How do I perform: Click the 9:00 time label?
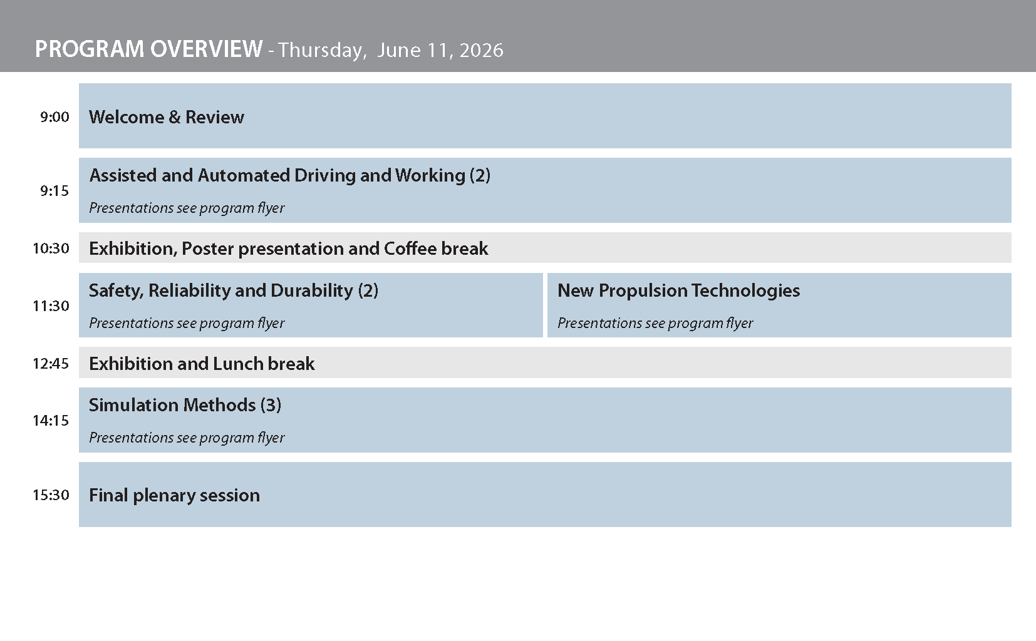click(54, 117)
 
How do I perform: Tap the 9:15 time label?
click(54, 191)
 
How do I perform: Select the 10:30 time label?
click(51, 249)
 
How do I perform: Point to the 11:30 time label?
click(51, 306)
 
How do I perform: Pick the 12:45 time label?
click(51, 364)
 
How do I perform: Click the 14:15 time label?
click(51, 421)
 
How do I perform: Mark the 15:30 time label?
click(51, 495)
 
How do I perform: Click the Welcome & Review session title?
click(167, 117)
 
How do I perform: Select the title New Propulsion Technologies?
click(678, 290)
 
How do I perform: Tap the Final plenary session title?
click(174, 495)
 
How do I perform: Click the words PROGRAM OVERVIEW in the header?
click(148, 49)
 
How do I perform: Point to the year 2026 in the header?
click(481, 50)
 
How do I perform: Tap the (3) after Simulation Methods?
click(271, 405)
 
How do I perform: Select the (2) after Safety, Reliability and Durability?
click(368, 290)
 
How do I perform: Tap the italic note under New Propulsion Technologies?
click(655, 323)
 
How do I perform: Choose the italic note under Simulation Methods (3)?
click(187, 438)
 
